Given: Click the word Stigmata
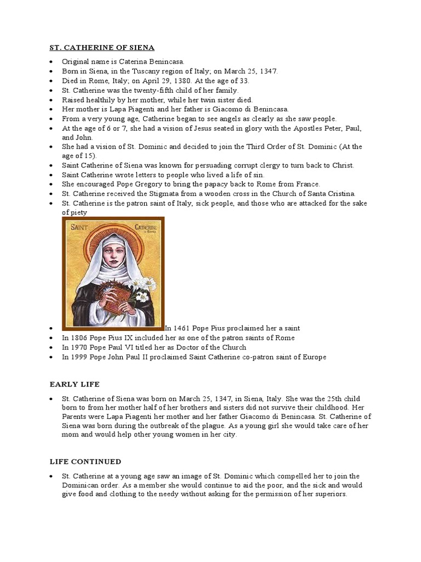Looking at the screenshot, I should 169,194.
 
